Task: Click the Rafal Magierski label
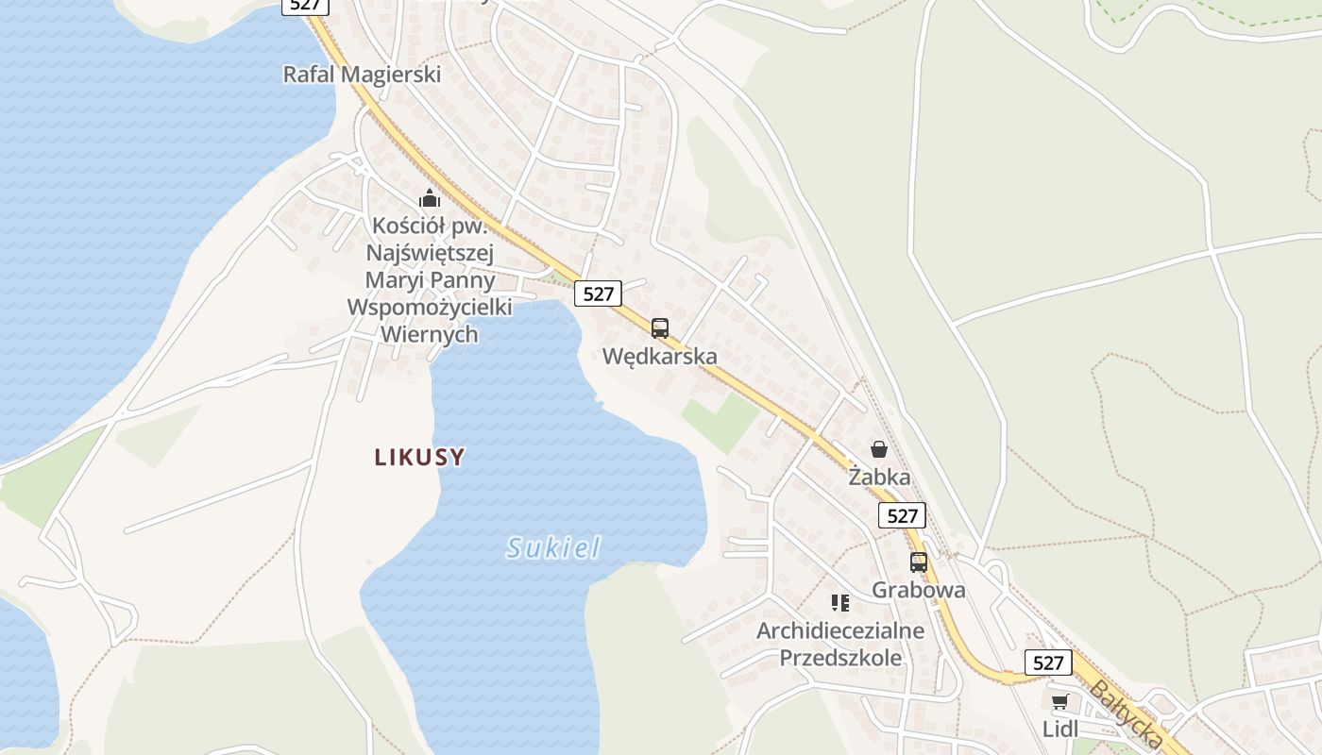pyautogui.click(x=362, y=74)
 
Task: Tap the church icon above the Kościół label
pyautogui.click(x=430, y=198)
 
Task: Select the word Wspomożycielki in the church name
pyautogui.click(x=430, y=307)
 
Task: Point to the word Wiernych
pyautogui.click(x=430, y=334)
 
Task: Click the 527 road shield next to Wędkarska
pyautogui.click(x=598, y=294)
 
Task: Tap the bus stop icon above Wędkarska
pyautogui.click(x=660, y=328)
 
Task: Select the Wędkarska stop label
pyautogui.click(x=660, y=356)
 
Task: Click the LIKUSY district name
pyautogui.click(x=419, y=458)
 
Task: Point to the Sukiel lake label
pyautogui.click(x=553, y=547)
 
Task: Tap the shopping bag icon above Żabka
pyautogui.click(x=879, y=449)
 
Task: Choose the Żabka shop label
pyautogui.click(x=879, y=477)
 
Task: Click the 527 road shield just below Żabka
pyautogui.click(x=903, y=515)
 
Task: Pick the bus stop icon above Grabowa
pyautogui.click(x=918, y=562)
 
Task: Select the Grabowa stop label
pyautogui.click(x=918, y=590)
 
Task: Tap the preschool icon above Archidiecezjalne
pyautogui.click(x=840, y=602)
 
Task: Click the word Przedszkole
pyautogui.click(x=840, y=657)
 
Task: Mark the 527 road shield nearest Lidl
pyautogui.click(x=1048, y=663)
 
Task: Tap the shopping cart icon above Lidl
pyautogui.click(x=1059, y=702)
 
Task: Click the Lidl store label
pyautogui.click(x=1059, y=729)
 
